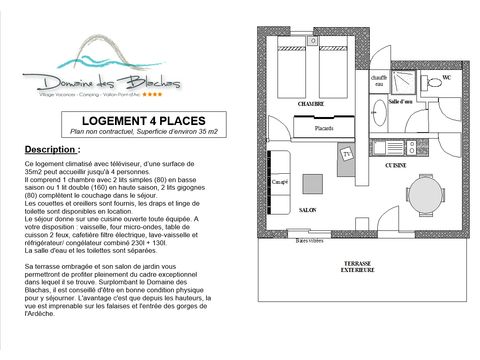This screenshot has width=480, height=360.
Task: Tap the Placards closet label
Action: (323, 128)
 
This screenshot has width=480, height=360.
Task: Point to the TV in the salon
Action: (347, 155)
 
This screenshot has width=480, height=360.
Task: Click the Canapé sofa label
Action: (279, 183)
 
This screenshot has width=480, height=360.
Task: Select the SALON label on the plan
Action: (308, 211)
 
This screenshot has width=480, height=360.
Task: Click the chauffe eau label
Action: (378, 82)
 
